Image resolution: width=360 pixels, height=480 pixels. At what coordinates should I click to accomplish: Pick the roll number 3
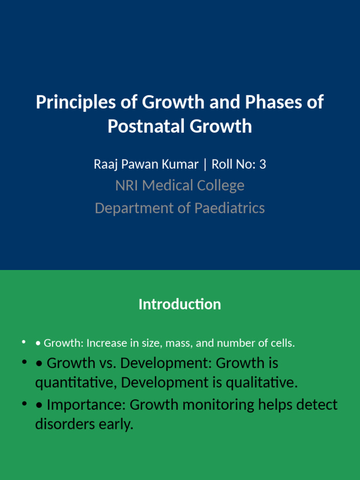(262, 165)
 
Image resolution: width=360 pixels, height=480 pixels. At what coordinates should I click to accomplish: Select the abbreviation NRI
(127, 186)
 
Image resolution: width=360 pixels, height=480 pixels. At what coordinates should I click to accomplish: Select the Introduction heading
(180, 305)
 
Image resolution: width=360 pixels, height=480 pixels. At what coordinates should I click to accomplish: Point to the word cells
(283, 343)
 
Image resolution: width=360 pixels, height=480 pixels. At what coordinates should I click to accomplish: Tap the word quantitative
(76, 383)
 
